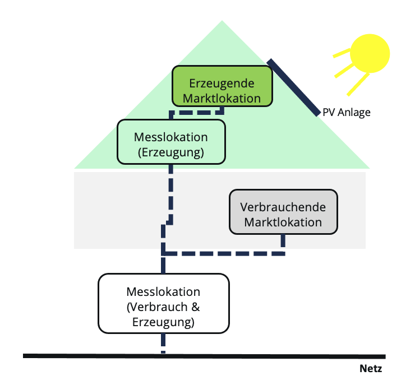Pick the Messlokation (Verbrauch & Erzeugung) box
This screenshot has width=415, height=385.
tap(164, 303)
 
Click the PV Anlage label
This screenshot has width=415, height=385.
tap(347, 113)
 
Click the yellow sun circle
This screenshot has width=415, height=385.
tap(369, 53)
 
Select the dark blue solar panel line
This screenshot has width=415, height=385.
tap(293, 87)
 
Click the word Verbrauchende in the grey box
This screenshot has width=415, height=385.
tap(283, 207)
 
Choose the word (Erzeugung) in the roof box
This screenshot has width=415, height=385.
tap(171, 152)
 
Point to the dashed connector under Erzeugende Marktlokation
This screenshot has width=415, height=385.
tap(196, 112)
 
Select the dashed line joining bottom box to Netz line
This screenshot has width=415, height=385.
tap(163, 342)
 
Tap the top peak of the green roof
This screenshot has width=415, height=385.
tap(222, 22)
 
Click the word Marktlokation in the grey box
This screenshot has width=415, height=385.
tap(284, 222)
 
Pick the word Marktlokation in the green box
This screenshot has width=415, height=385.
tap(222, 98)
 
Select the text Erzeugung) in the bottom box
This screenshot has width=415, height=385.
tap(164, 322)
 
